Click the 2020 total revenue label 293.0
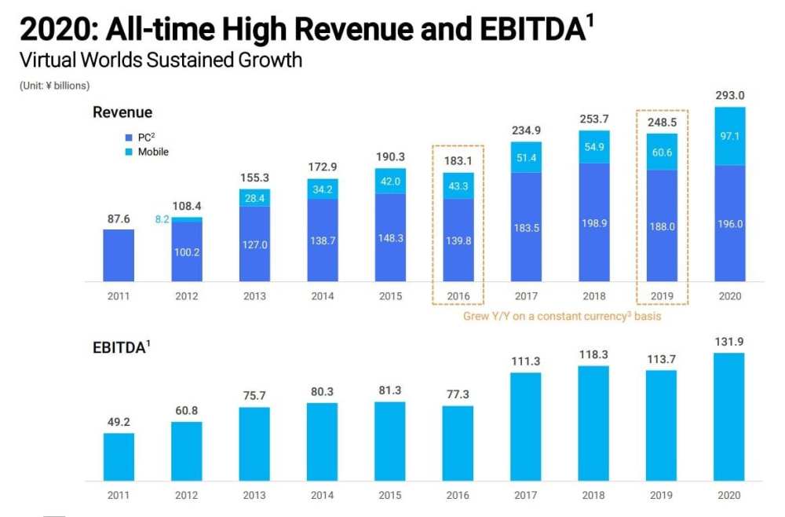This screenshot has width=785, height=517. (x=729, y=95)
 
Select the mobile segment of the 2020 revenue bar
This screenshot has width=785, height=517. (x=729, y=136)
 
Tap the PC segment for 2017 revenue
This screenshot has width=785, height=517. (x=526, y=227)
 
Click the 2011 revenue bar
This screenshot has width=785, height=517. (x=119, y=255)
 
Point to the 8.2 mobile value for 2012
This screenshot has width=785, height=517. (x=161, y=220)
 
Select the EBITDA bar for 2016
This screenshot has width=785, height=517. (x=458, y=443)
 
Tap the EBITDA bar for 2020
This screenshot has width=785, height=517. (x=729, y=416)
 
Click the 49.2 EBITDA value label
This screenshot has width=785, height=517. (x=119, y=421)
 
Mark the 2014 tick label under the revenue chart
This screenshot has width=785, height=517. (x=322, y=296)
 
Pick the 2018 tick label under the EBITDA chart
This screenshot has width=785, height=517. (x=593, y=495)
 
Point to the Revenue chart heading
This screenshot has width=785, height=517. (x=122, y=112)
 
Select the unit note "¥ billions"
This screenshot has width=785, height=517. (x=54, y=85)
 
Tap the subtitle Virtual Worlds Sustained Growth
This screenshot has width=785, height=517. (x=160, y=60)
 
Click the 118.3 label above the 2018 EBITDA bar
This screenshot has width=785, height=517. (x=593, y=354)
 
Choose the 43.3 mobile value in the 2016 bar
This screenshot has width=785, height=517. (x=458, y=185)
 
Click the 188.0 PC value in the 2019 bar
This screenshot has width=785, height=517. (x=662, y=225)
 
